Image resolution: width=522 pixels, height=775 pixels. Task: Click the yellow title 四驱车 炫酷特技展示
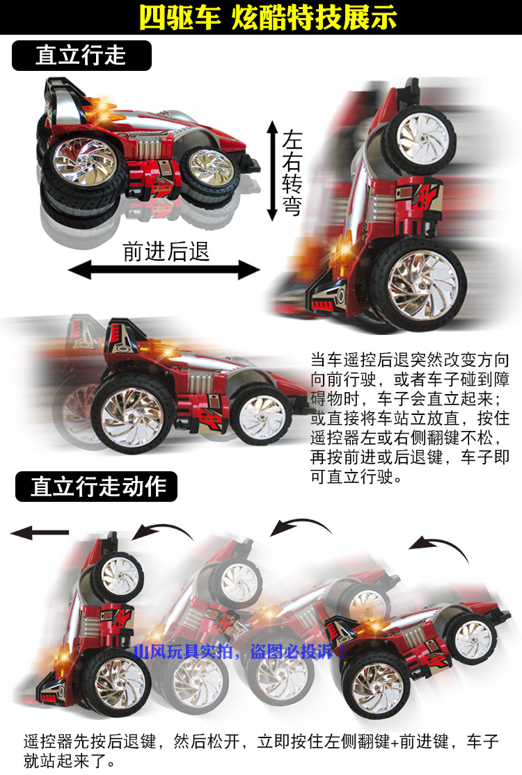coord(268,17)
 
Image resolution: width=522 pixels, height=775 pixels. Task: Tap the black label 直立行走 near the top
coord(81,56)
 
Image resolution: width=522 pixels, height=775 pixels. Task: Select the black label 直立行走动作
coord(97,487)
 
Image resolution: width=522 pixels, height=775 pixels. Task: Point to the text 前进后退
coord(166,250)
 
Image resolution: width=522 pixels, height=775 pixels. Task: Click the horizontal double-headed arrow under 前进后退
coord(164,270)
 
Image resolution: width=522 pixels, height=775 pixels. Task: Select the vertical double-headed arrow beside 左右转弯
coord(271,170)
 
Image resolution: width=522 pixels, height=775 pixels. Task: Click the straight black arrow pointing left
coord(40,533)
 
